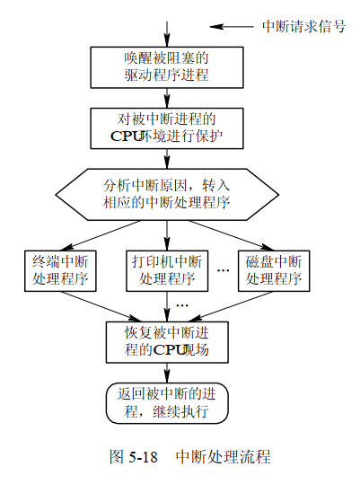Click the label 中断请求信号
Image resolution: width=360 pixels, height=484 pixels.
[303, 26]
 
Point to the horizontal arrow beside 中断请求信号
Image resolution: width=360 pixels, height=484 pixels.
[232, 27]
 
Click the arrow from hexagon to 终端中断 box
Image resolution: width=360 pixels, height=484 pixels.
[101, 235]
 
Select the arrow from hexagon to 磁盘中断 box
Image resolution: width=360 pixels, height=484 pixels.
[231, 235]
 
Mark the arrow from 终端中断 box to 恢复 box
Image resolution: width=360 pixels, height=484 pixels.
[101, 306]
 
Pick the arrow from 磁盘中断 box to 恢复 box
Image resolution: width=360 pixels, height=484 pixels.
[231, 306]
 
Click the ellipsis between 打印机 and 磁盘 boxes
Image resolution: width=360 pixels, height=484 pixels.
[223, 270]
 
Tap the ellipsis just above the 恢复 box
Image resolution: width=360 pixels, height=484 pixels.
[182, 306]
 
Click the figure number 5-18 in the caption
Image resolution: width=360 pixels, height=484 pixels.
[143, 457]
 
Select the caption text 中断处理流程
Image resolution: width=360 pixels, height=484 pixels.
[223, 457]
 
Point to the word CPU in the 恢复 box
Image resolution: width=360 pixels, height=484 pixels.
[169, 350]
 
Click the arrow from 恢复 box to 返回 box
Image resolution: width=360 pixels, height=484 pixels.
[167, 373]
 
